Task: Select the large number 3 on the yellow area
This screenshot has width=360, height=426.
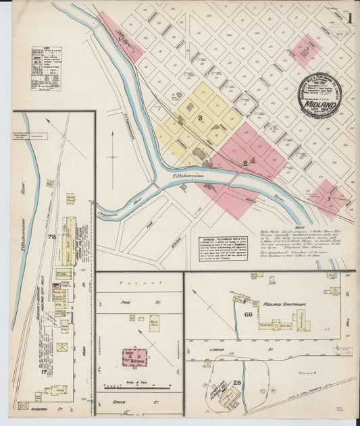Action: pos(200,119)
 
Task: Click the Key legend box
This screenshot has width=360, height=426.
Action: pos(46,68)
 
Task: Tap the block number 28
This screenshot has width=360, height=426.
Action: pos(237,383)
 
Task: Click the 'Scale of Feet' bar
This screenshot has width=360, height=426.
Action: pos(139,387)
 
